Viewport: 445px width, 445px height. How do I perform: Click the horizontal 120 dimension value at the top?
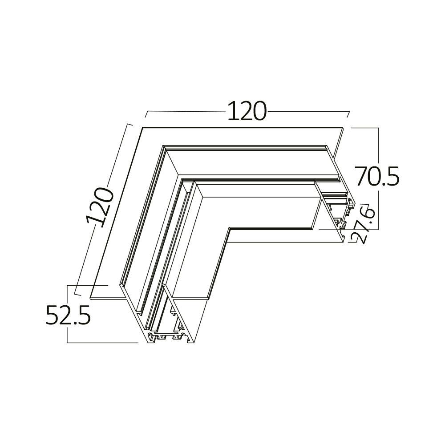[247, 111]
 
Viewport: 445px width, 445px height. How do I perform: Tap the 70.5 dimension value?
[376, 176]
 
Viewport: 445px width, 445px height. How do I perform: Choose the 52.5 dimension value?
[68, 316]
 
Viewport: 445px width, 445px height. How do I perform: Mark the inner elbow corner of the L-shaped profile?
[229, 229]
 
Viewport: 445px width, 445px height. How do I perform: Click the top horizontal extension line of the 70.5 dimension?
[365, 128]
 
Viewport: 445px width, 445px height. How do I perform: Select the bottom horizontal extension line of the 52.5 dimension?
[102, 343]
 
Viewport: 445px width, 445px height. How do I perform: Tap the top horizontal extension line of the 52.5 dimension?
[87, 285]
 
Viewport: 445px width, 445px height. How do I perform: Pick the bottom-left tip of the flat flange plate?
[91, 297]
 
